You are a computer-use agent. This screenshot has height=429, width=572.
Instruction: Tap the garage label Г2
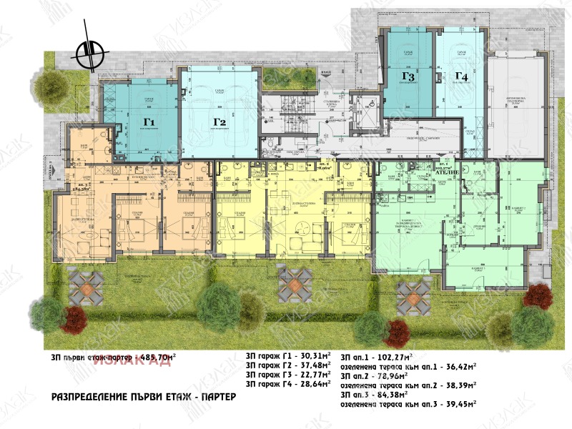[x=219, y=122]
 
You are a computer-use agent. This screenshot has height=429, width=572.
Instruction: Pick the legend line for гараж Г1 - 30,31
[x=288, y=355]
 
